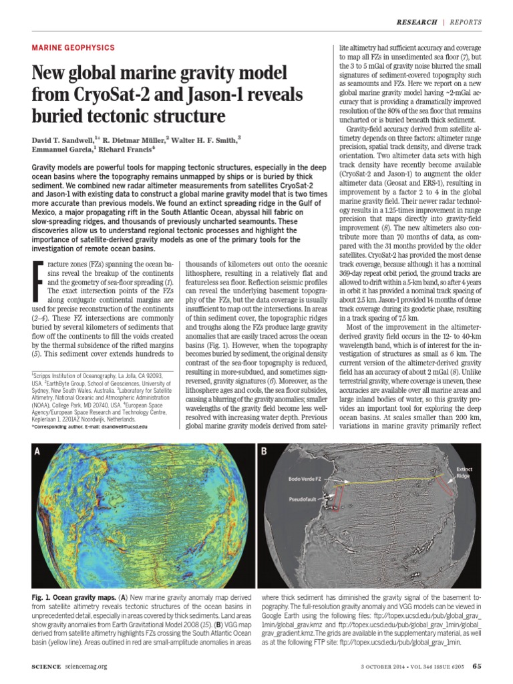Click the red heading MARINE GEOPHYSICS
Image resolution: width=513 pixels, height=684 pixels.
[73, 48]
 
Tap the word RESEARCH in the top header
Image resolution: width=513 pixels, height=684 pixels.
[417, 21]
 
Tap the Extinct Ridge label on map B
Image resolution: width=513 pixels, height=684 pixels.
[464, 474]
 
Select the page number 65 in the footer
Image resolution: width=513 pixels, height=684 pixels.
[476, 665]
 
